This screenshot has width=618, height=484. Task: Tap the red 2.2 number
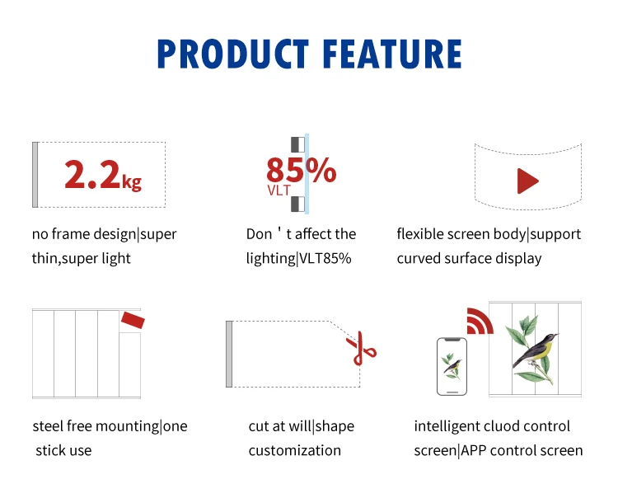point(91,175)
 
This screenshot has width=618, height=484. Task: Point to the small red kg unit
point(132,181)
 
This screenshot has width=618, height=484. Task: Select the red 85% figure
point(301,171)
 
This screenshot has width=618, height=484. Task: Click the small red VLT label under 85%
point(279,190)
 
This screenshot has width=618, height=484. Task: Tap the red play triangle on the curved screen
point(527,181)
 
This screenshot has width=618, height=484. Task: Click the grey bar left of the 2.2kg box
point(35,175)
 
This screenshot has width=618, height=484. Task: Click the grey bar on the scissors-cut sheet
point(229,354)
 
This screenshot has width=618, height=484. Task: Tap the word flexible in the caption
point(420,234)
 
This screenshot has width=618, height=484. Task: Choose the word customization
point(294,450)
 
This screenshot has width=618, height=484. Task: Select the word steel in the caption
point(49,426)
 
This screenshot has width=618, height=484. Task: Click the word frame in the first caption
point(75,234)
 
